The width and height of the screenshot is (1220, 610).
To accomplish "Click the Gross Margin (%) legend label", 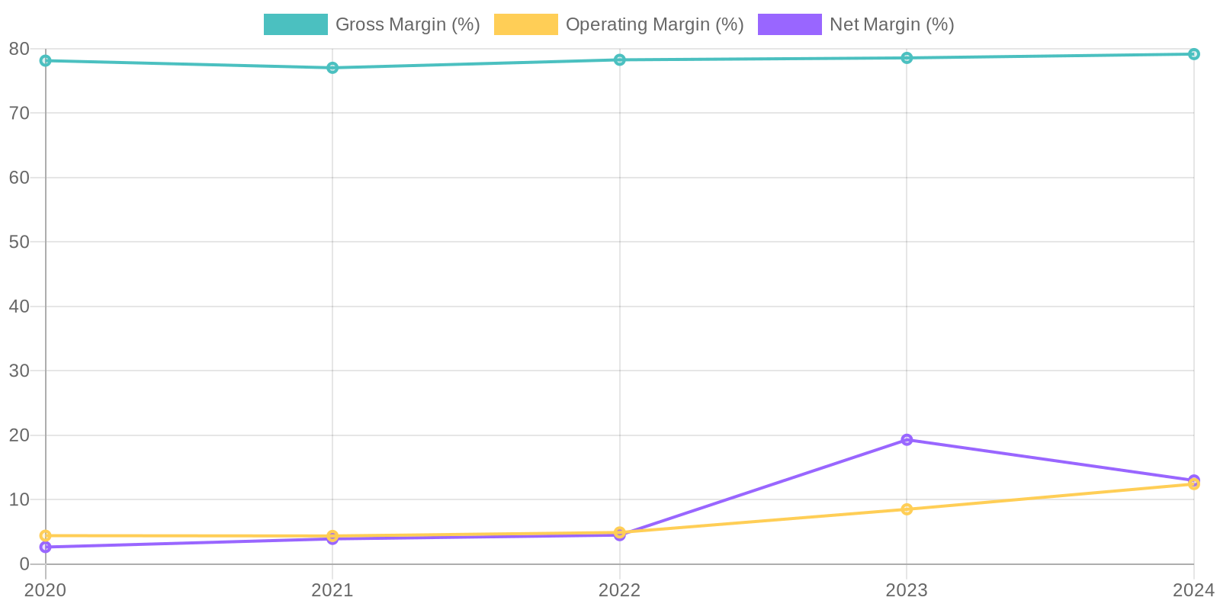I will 407,24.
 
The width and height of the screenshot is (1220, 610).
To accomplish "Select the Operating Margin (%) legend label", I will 654,24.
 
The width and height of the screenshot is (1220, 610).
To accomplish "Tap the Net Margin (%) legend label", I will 891,24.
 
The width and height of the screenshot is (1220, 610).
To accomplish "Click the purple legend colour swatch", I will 789,24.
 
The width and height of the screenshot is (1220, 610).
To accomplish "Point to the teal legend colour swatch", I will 295,24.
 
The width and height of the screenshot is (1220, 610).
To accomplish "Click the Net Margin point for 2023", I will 907,440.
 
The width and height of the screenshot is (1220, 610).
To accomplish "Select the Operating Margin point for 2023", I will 907,509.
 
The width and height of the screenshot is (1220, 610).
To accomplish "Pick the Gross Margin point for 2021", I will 332,68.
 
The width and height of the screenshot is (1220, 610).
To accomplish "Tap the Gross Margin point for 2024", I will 1193,54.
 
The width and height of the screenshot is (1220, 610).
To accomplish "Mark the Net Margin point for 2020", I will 46,547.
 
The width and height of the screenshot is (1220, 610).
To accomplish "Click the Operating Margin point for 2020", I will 46,536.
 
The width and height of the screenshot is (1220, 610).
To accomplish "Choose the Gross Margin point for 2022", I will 620,60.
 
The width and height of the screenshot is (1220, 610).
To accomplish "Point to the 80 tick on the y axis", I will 19,49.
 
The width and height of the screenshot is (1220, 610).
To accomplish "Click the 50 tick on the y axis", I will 19,242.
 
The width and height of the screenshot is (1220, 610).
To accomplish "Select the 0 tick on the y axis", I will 24,564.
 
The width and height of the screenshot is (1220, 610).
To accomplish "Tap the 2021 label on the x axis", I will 332,590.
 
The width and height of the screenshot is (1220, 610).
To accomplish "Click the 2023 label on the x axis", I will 907,590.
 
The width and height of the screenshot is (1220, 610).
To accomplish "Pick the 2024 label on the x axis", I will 1193,590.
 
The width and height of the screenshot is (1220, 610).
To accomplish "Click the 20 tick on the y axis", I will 19,435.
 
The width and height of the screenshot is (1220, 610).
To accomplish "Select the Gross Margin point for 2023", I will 907,58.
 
